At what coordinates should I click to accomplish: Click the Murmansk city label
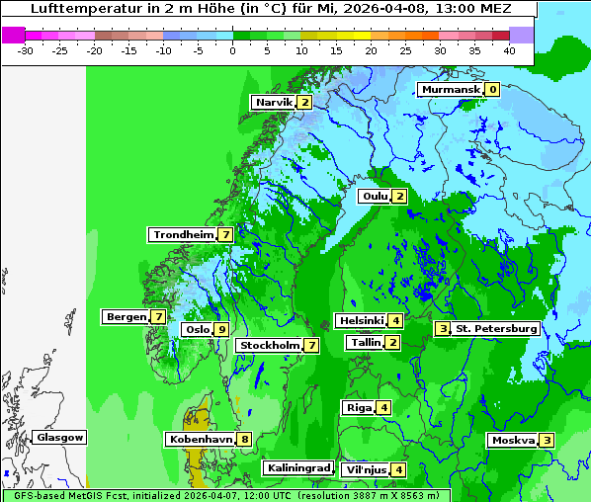tap(451, 90)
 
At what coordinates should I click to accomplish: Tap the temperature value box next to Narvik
tap(305, 103)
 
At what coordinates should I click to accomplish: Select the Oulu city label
tap(375, 197)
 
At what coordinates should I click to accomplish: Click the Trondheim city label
tap(183, 235)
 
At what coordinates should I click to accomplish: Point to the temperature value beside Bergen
tap(158, 317)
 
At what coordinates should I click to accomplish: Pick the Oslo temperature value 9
tap(221, 330)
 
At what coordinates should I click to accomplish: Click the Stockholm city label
tap(269, 346)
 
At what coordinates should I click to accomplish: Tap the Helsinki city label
tap(361, 321)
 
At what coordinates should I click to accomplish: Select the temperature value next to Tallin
tap(393, 343)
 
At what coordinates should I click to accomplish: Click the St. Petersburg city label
tap(496, 329)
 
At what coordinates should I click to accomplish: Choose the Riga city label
tap(358, 408)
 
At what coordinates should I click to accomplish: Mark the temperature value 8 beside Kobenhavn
tap(244, 440)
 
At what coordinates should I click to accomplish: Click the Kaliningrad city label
tap(297, 468)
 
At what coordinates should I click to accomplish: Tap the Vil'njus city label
tap(364, 470)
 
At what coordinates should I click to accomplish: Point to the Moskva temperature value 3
tap(547, 441)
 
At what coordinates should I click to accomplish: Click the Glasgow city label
tap(59, 438)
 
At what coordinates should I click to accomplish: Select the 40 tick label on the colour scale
tap(509, 50)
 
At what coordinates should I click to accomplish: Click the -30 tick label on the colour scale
tap(26, 50)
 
